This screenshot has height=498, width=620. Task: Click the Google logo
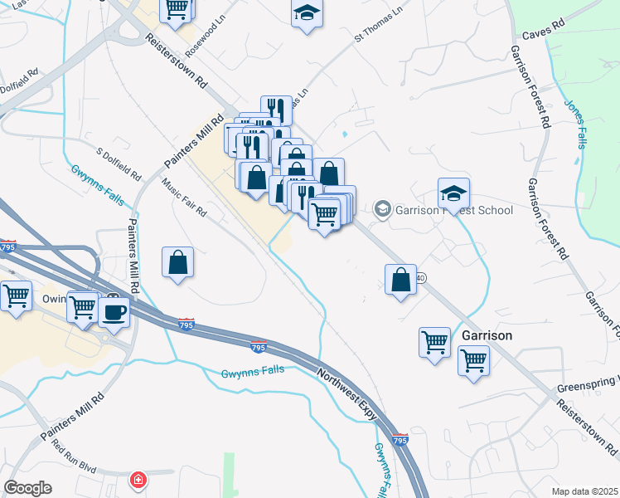pyautogui.click(x=27, y=488)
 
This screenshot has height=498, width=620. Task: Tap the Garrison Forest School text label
pyautogui.click(x=453, y=209)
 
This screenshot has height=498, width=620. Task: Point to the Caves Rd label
pyautogui.click(x=544, y=37)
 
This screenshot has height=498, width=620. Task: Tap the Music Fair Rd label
pyautogui.click(x=183, y=198)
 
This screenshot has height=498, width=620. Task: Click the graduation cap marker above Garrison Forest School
pyautogui.click(x=453, y=193)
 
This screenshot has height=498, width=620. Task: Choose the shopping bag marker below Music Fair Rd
pyautogui.click(x=177, y=263)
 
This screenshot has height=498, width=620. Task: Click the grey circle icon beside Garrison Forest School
pyautogui.click(x=382, y=208)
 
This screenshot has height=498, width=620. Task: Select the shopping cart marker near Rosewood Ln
pyautogui.click(x=176, y=8)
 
